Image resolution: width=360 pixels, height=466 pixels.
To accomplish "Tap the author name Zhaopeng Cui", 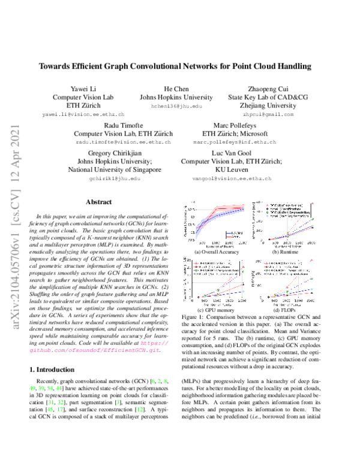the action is click(x=269, y=88).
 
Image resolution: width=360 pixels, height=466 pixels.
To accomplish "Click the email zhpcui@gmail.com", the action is click(x=269, y=113).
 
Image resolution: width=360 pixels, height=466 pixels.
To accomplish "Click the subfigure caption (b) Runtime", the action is click(x=281, y=253).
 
